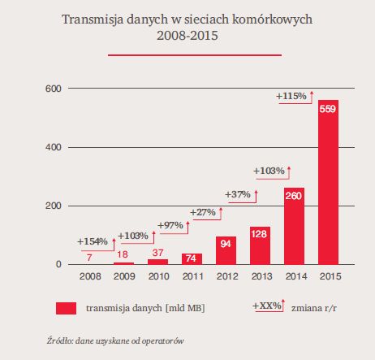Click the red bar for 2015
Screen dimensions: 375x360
point(328,182)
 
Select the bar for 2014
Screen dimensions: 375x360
point(294,226)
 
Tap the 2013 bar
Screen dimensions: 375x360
point(260,245)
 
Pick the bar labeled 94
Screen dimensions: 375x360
point(226,250)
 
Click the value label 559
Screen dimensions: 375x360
point(328,109)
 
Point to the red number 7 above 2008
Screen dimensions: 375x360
point(89,258)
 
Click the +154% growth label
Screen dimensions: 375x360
point(93,241)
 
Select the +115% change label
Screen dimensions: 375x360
point(291,96)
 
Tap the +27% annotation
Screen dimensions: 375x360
point(203,212)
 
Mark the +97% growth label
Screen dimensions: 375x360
point(170,225)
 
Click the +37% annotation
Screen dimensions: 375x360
point(238,194)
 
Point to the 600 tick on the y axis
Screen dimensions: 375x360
point(54,89)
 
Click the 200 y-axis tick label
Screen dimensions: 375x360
point(54,206)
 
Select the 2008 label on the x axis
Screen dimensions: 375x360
point(90,276)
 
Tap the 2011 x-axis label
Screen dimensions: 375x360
point(193,276)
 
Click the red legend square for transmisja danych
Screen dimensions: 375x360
point(66,309)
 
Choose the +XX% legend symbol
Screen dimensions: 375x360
point(269,306)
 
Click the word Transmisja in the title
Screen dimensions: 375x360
point(92,20)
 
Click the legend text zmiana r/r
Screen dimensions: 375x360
point(314,308)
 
